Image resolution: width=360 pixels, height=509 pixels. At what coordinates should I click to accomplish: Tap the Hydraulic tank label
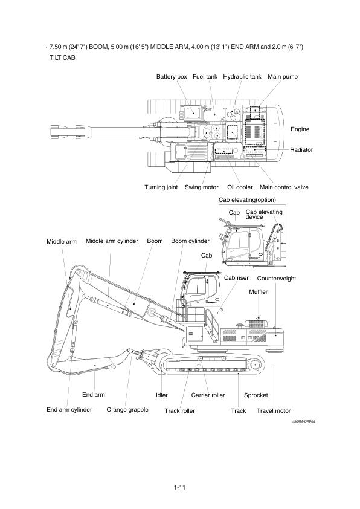[242, 77]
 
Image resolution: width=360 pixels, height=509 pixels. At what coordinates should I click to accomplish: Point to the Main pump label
[283, 77]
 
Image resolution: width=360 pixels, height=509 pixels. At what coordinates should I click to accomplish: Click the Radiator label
[301, 149]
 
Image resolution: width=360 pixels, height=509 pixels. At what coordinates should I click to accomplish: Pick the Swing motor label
[202, 187]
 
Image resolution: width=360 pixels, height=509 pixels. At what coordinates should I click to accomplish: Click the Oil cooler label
[240, 187]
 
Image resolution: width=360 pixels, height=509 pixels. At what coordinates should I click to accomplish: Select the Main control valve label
[284, 187]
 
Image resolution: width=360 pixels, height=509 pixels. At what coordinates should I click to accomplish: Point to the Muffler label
[258, 291]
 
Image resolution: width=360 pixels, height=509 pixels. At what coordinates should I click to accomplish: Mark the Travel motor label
[274, 410]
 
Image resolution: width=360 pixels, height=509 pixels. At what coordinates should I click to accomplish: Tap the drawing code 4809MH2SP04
[303, 421]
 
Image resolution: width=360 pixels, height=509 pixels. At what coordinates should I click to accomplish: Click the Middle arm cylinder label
[112, 241]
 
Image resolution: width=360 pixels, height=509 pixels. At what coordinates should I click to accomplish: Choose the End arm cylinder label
[69, 409]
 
